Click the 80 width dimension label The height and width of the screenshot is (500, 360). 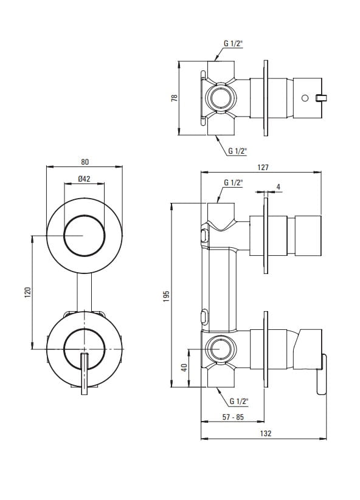click(85, 162)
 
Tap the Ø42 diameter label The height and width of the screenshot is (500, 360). click(85, 179)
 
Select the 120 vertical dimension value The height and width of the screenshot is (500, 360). click(28, 292)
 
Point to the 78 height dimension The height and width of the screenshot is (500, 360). click(175, 98)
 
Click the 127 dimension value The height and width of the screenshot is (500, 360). click(263, 168)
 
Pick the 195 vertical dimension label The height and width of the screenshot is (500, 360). click(166, 296)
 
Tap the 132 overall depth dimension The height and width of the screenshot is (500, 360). click(266, 433)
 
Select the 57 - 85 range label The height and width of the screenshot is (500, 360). click(233, 417)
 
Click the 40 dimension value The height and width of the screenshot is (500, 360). click(184, 368)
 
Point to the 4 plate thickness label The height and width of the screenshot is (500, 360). click(279, 187)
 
